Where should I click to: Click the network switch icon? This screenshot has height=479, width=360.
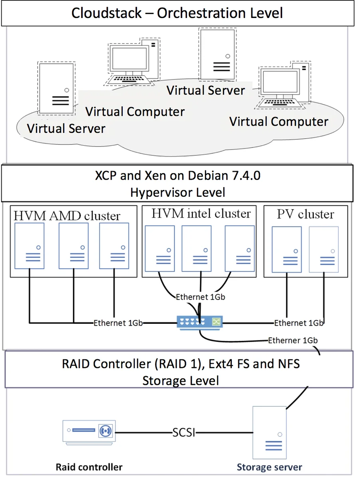pos(200,322)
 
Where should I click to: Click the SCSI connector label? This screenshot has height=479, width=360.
pos(184,432)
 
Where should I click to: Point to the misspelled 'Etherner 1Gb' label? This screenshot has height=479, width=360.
pos(292,340)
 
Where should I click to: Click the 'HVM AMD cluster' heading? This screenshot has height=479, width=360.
pos(67,216)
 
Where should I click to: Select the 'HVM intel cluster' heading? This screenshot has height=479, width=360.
pos(201,214)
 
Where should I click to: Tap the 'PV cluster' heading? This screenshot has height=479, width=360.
pos(305,214)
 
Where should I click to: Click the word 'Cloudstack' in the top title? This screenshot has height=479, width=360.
pos(106,13)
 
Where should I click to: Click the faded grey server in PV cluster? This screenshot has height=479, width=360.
pos(324,249)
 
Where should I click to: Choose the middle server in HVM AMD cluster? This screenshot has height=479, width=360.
pos(74,246)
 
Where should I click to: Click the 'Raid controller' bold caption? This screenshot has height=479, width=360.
pos(89,467)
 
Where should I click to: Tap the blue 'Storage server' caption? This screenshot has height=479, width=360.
pos(270,467)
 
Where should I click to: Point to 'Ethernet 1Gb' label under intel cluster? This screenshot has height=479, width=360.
pos(197,297)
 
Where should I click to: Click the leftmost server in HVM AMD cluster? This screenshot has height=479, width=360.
pos(30,246)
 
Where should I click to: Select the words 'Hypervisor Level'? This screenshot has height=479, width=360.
pos(178,192)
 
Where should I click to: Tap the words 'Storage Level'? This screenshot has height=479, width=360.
pos(181,380)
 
